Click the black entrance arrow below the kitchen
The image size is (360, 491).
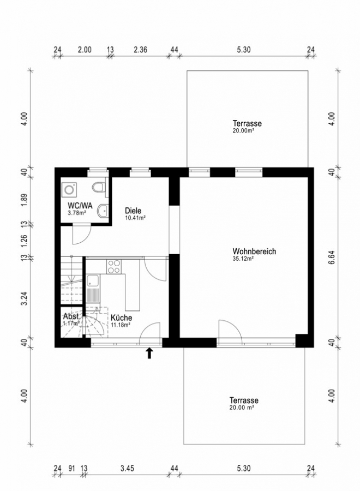click(149, 353)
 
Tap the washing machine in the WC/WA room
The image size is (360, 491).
click(69, 190)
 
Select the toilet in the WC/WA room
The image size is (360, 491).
click(98, 187)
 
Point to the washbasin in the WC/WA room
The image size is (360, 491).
click(102, 211)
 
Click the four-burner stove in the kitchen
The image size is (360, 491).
click(114, 267)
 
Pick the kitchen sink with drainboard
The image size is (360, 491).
click(93, 289)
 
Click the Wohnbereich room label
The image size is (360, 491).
click(254, 251)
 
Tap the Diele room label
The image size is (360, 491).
click(133, 211)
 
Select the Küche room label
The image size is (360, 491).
click(121, 318)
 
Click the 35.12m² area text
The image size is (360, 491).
click(243, 259)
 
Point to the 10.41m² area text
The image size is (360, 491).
click(135, 218)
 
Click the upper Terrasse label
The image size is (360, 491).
click(247, 123)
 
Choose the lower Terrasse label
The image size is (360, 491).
click(244, 400)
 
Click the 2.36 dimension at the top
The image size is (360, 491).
click(140, 50)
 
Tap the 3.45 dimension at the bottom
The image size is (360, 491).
click(127, 468)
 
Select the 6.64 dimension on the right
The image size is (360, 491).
click(332, 258)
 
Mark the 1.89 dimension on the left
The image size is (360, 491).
click(25, 200)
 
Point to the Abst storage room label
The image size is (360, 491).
click(71, 316)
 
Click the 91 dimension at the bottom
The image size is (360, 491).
click(71, 469)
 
